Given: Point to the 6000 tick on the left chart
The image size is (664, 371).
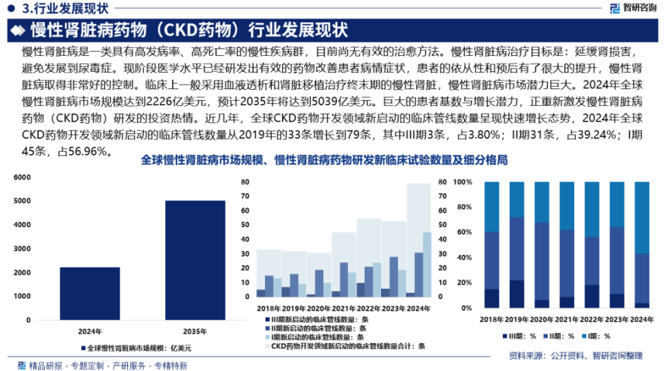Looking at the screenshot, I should point(21,178).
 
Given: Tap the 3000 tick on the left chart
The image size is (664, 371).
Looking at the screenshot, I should point(21,249).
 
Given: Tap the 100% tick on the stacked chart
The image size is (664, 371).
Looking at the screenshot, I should point(463,182).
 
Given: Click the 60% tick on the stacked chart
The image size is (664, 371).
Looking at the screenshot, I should point(465,232).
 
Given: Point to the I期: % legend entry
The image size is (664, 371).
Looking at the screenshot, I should point(596,336).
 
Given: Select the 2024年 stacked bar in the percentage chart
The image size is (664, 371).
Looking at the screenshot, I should point(641,245).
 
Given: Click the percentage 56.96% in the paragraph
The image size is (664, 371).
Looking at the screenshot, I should point(86,151).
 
